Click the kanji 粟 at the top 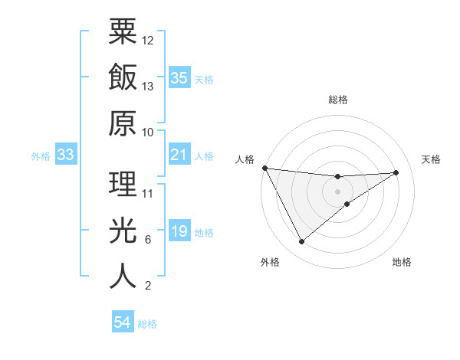pyautogui.click(x=123, y=31)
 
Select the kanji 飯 pyautogui.click(x=123, y=77)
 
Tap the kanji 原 pyautogui.click(x=123, y=123)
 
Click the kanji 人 pyautogui.click(x=123, y=276)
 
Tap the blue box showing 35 pyautogui.click(x=179, y=78)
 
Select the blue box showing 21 pyautogui.click(x=179, y=155)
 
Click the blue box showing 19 pyautogui.click(x=179, y=232)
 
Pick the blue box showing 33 pyautogui.click(x=65, y=155)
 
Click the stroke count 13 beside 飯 pyautogui.click(x=148, y=87)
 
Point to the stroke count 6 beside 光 pyautogui.click(x=148, y=240)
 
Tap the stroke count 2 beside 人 pyautogui.click(x=148, y=286)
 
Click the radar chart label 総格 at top pyautogui.click(x=338, y=100)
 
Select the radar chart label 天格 pyautogui.click(x=432, y=159)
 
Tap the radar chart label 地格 pyautogui.click(x=402, y=262)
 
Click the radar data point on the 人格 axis pyautogui.click(x=264, y=168)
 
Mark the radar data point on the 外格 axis pyautogui.click(x=301, y=242)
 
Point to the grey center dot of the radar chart pyautogui.click(x=338, y=191)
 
